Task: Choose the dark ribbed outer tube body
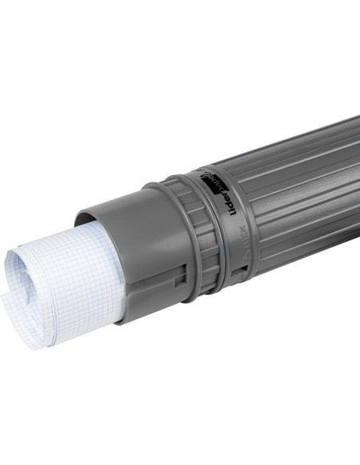[295, 199]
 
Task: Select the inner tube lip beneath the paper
[119, 318]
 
